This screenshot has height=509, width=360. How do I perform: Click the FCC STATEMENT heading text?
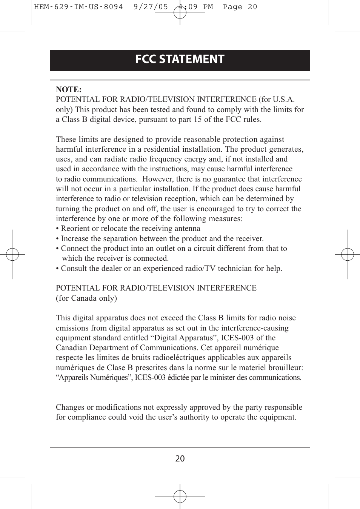(x=180, y=59)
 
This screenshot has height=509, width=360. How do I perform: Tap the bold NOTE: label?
(x=69, y=89)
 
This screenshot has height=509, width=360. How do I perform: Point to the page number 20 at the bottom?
(x=180, y=458)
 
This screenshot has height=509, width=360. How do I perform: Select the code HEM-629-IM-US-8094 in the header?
(x=78, y=7)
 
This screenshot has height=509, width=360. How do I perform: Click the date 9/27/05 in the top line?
(x=151, y=7)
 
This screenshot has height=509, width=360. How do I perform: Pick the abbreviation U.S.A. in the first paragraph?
(x=283, y=99)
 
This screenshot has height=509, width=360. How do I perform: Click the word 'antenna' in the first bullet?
(x=187, y=228)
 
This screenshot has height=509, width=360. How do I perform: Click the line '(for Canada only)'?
(x=86, y=298)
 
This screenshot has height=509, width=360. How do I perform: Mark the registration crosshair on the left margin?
(x=12, y=254)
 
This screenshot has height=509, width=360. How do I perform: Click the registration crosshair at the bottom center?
(x=180, y=496)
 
